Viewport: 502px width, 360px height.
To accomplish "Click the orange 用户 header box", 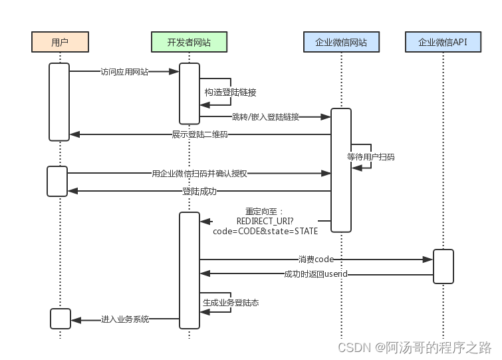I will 60,43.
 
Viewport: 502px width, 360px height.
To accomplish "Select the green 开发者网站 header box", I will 189,43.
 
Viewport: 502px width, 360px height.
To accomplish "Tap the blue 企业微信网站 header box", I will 341,43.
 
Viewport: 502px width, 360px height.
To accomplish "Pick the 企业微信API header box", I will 443,43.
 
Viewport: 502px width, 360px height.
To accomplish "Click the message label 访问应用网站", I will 124,71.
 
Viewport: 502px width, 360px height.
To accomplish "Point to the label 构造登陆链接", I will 230,92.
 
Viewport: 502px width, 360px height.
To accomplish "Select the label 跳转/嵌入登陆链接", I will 265,117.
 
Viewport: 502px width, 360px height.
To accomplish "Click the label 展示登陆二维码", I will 199,134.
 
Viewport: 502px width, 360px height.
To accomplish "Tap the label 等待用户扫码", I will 370,157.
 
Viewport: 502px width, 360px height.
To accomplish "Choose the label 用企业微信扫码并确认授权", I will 199,174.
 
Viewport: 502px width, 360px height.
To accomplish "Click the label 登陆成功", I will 199,192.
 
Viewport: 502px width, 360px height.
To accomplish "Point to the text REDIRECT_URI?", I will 265,221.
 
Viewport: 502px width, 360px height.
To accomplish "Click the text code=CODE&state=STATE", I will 265,231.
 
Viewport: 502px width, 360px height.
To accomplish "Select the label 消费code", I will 316,259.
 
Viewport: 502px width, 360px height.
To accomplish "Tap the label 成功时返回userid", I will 316,274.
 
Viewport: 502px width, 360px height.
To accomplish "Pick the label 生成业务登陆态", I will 231,302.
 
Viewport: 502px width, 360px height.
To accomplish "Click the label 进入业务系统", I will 125,320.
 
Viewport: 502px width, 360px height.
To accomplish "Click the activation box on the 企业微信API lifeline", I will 443,266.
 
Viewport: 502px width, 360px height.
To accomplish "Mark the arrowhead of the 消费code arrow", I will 429,259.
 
